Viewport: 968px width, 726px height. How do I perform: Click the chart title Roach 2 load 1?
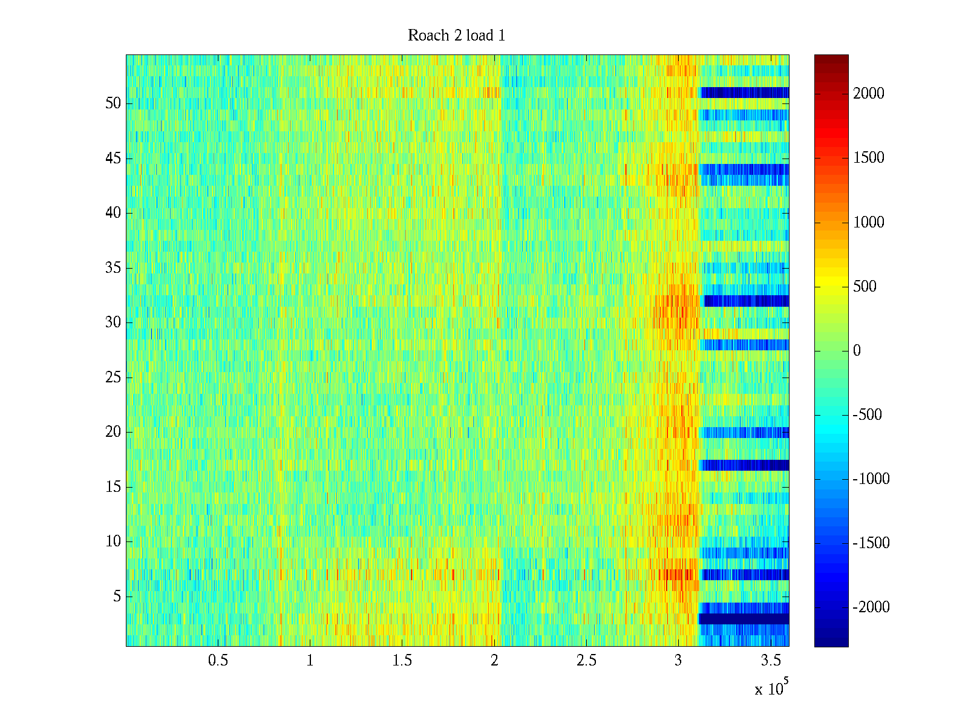point(457,36)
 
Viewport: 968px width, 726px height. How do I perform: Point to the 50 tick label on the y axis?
point(113,103)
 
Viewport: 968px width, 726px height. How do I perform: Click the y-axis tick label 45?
point(113,159)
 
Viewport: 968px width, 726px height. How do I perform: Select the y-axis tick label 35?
point(113,268)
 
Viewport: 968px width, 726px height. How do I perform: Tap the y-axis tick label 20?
point(113,432)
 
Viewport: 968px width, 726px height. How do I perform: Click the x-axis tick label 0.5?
point(218,661)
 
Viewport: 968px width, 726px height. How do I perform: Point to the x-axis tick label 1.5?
point(402,661)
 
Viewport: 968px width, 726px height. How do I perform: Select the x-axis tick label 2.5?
point(586,661)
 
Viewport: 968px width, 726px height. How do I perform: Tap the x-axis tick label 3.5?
point(770,661)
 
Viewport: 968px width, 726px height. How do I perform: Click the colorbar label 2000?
point(869,93)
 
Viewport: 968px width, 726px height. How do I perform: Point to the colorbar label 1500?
point(869,158)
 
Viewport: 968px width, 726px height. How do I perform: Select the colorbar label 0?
point(857,351)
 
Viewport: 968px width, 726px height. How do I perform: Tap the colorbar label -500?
point(868,415)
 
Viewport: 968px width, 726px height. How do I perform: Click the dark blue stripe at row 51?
point(744,93)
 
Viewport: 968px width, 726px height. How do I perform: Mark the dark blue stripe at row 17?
point(744,465)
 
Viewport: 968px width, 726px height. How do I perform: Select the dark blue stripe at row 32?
point(746,301)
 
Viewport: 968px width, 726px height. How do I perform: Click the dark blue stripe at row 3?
point(744,619)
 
